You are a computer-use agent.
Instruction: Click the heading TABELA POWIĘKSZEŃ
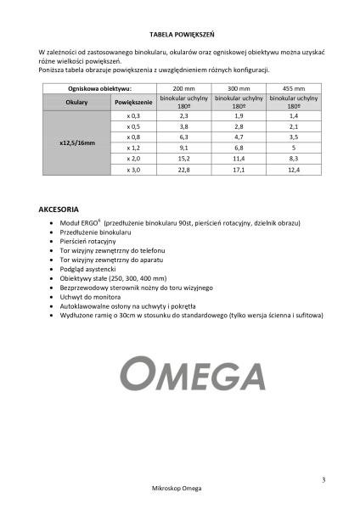coord(180,35)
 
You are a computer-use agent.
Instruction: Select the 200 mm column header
coord(184,87)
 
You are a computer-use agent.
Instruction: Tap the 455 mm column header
coord(294,87)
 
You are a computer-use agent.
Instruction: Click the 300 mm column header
coord(239,87)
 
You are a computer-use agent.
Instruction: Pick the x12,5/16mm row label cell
coord(76,142)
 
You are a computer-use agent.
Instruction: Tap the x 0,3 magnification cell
coord(133,115)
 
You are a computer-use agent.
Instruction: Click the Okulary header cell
coord(76,101)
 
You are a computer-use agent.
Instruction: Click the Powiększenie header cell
coord(133,101)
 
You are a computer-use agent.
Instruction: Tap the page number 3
coord(323,480)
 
